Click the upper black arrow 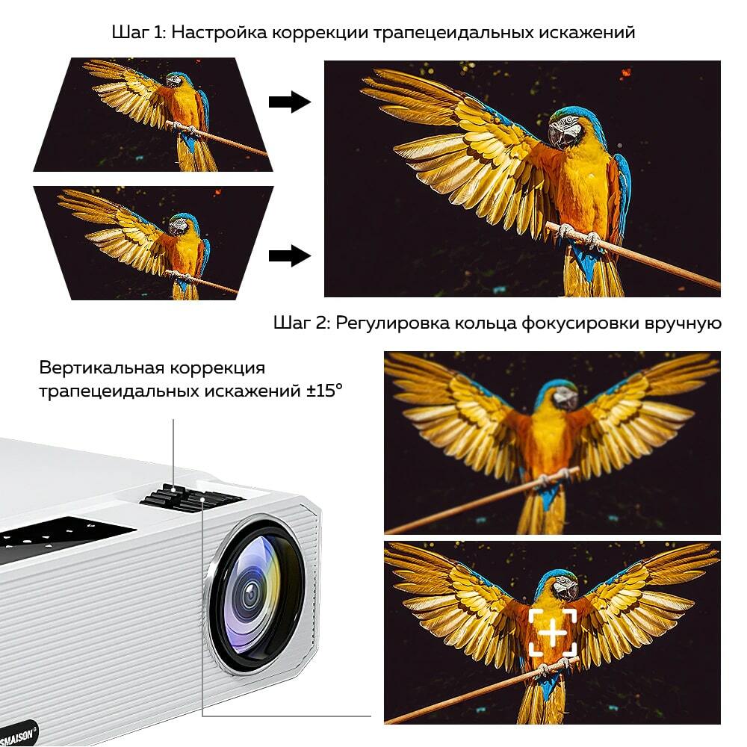click(290, 102)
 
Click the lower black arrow click(290, 255)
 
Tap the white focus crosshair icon click(553, 632)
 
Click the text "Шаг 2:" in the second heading click(302, 323)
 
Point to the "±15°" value click(324, 391)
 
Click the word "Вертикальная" click(102, 368)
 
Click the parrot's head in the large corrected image click(566, 128)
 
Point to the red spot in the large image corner click(625, 74)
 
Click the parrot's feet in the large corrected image click(580, 237)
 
